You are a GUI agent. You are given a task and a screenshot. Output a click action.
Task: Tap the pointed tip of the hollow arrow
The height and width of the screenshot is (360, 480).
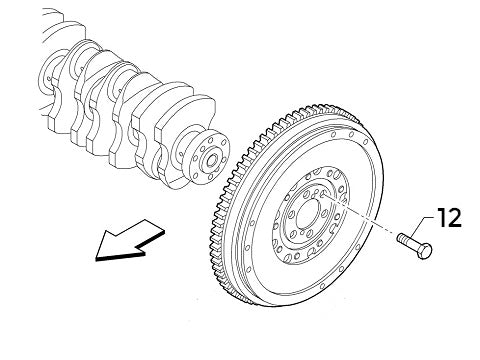(97, 257)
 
